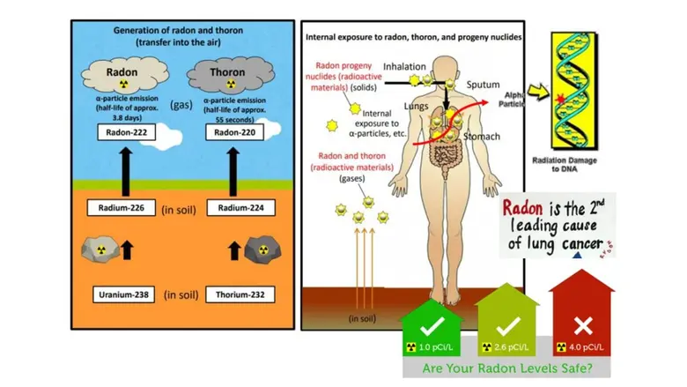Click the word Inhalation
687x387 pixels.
[x=404, y=66]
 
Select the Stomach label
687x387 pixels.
[x=484, y=137]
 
